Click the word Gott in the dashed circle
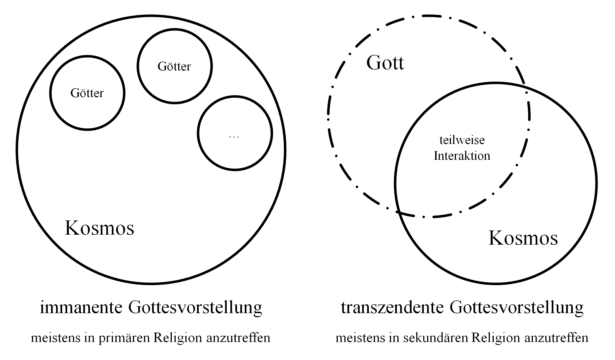point(385,63)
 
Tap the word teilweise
point(462,140)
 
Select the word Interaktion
point(462,156)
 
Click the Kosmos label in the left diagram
point(99,228)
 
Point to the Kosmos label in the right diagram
point(523,238)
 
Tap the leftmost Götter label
point(87,93)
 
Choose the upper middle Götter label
point(174,66)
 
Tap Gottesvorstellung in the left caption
point(195,308)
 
